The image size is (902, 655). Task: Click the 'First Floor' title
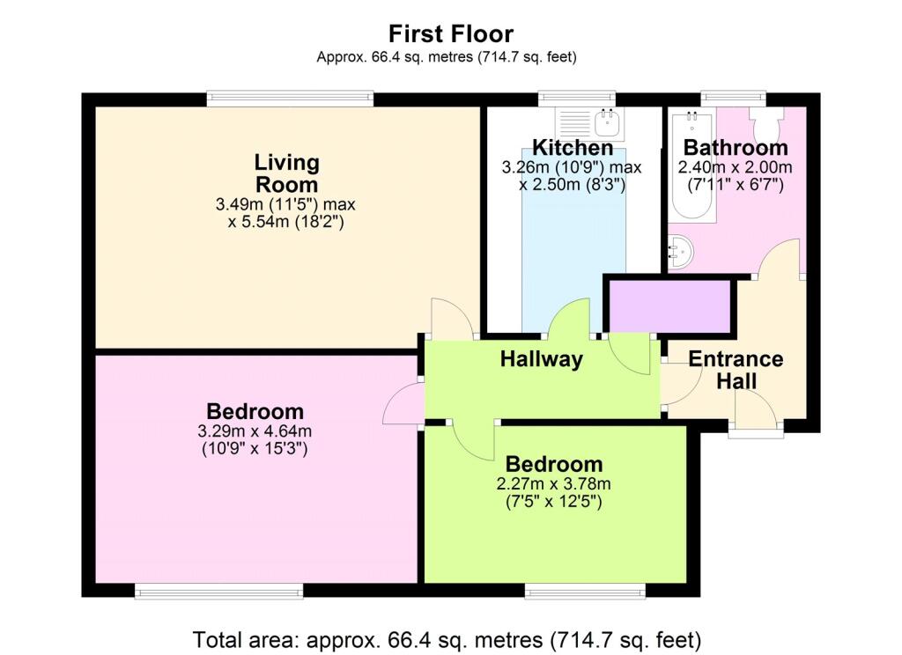pos(450,34)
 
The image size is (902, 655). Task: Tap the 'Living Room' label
pos(286,173)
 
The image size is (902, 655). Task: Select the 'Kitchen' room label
pos(573,148)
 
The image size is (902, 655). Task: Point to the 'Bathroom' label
pos(736,148)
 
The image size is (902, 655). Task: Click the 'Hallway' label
pos(542,359)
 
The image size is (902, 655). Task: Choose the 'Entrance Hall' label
pos(736,370)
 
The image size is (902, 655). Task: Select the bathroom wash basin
pos(681,251)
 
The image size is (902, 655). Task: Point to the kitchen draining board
pos(574,123)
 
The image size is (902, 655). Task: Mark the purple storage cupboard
pos(669,306)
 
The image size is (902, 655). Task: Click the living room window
pos(290,99)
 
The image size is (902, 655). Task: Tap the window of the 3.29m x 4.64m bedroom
pos(218,591)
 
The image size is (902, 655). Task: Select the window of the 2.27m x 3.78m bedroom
pos(585,591)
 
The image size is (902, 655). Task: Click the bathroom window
pos(733,99)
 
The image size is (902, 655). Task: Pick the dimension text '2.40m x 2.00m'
pos(735,167)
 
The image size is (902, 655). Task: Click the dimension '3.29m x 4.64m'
pos(255,431)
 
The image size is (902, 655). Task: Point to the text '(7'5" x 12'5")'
pos(553,502)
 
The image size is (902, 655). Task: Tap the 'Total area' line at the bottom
pos(447,639)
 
